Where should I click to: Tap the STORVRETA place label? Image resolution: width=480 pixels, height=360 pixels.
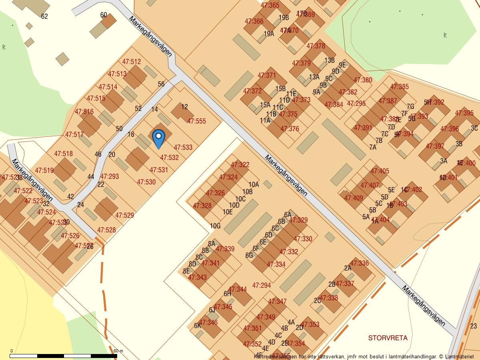point(388,338)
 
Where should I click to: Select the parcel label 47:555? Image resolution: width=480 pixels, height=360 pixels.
point(196,121)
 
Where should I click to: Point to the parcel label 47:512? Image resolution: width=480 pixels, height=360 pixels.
point(132,62)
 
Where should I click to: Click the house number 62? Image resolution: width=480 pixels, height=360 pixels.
point(44,16)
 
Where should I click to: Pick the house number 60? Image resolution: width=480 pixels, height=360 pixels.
point(104,15)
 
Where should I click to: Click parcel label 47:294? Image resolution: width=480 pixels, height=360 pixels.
point(262,286)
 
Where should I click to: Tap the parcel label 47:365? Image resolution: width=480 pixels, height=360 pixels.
point(270,6)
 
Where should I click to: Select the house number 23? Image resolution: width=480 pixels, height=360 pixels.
point(474,326)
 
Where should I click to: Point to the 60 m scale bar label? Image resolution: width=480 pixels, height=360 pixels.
point(118,351)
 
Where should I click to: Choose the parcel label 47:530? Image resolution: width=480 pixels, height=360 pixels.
point(146,182)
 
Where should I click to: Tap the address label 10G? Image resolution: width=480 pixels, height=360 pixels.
point(215,226)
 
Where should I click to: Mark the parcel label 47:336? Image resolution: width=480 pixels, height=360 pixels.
point(359,263)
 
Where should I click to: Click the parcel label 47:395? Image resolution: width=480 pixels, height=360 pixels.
point(464,113)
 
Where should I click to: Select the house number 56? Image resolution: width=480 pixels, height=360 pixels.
point(161,84)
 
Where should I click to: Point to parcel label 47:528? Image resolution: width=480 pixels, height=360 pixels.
point(106,230)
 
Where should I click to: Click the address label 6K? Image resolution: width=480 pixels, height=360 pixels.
point(198,326)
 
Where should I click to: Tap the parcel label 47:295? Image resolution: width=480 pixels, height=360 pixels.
point(356,104)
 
